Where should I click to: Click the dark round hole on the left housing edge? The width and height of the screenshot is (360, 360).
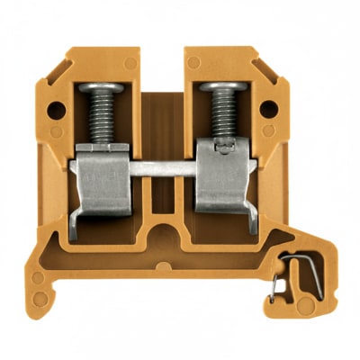[x=55, y=112]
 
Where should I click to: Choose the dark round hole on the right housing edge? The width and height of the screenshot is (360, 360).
[x=267, y=112]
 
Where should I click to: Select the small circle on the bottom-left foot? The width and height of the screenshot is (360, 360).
[x=37, y=277]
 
